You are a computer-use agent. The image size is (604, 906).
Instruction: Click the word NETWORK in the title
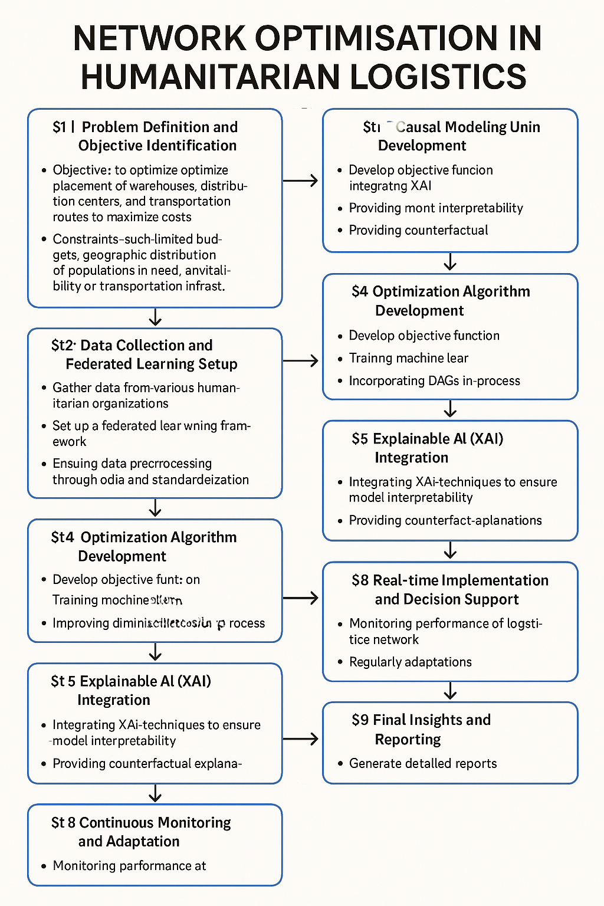pos(160,39)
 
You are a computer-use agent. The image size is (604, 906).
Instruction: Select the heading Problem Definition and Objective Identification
pos(158,136)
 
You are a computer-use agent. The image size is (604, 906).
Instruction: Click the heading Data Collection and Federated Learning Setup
pos(151,354)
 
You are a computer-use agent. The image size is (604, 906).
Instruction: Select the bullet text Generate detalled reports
pos(423,763)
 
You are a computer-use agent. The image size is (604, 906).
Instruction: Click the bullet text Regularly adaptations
pos(411,662)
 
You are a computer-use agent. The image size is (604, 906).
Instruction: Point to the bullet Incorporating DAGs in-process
pos(435,380)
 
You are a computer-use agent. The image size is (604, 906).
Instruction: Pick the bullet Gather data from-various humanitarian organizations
pos(146,395)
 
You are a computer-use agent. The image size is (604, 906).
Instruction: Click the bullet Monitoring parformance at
pos(129,865)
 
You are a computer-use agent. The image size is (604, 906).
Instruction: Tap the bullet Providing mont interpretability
pos(436,208)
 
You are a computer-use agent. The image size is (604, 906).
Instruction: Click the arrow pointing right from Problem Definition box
pos(301,180)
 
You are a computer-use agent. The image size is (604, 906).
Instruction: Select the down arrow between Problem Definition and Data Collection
pos(155,318)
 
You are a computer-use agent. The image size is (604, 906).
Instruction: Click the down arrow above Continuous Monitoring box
pos(155,794)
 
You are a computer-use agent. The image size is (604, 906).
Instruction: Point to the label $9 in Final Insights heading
pos(360,720)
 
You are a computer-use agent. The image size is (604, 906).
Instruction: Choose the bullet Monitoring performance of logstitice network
pos(445,631)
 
